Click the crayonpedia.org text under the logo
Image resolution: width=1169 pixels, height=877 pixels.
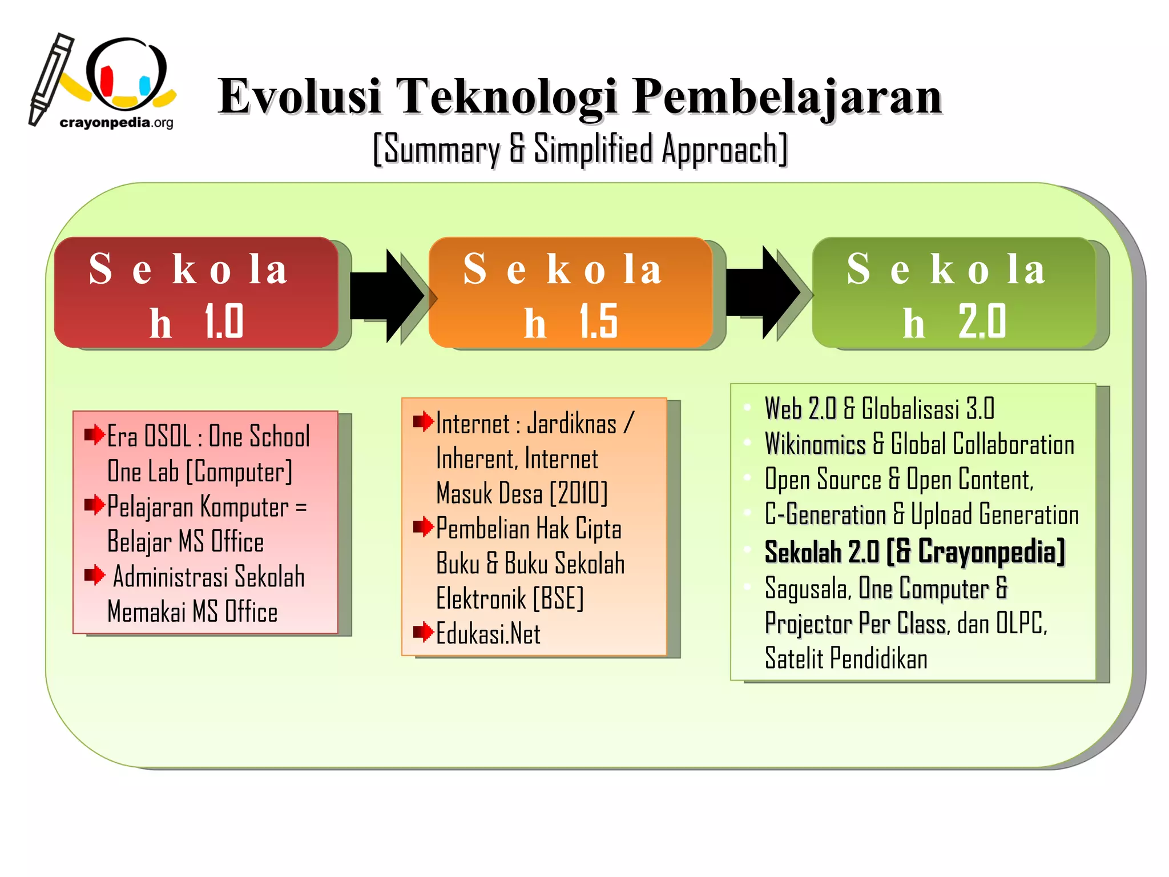pyautogui.click(x=116, y=122)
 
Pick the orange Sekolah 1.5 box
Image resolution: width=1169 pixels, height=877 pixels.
pyautogui.click(x=570, y=292)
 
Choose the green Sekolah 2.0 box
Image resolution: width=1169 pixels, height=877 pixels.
pyautogui.click(x=954, y=292)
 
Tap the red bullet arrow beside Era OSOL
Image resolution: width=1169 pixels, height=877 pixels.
pyautogui.click(x=94, y=435)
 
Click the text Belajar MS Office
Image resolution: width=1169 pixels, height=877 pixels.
pyautogui.click(x=186, y=541)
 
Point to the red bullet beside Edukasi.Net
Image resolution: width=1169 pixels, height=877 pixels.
pyautogui.click(x=423, y=632)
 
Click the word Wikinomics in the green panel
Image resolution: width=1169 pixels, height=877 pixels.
pyautogui.click(x=815, y=444)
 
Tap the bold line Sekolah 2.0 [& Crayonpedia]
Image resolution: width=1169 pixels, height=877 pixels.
pyautogui.click(x=914, y=552)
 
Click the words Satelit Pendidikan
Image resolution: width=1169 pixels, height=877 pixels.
pyautogui.click(x=846, y=658)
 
